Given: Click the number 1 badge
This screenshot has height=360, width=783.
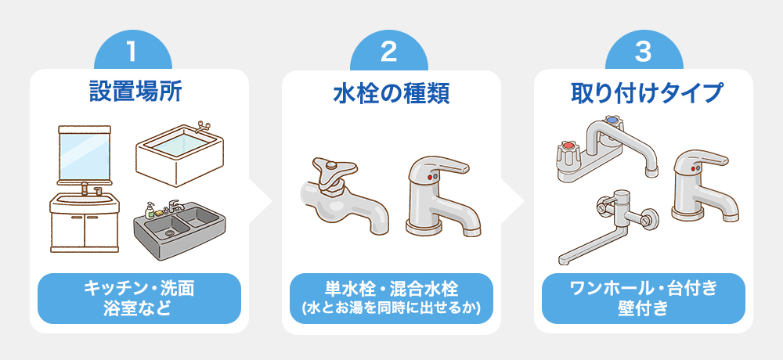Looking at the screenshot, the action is pos(133,52).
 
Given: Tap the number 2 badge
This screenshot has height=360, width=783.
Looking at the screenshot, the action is pos(388,52).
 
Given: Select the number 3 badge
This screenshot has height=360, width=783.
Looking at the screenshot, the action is pos(644,52).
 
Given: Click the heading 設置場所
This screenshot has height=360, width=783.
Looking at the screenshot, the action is pos(135,92).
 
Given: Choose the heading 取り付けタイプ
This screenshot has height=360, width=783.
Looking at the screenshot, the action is pos(648,93).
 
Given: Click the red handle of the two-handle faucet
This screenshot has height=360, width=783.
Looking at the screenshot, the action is pos(568,149).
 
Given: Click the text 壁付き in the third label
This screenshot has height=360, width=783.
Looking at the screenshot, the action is pos(643,308).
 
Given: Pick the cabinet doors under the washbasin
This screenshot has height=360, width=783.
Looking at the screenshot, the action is pos(85,232).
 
